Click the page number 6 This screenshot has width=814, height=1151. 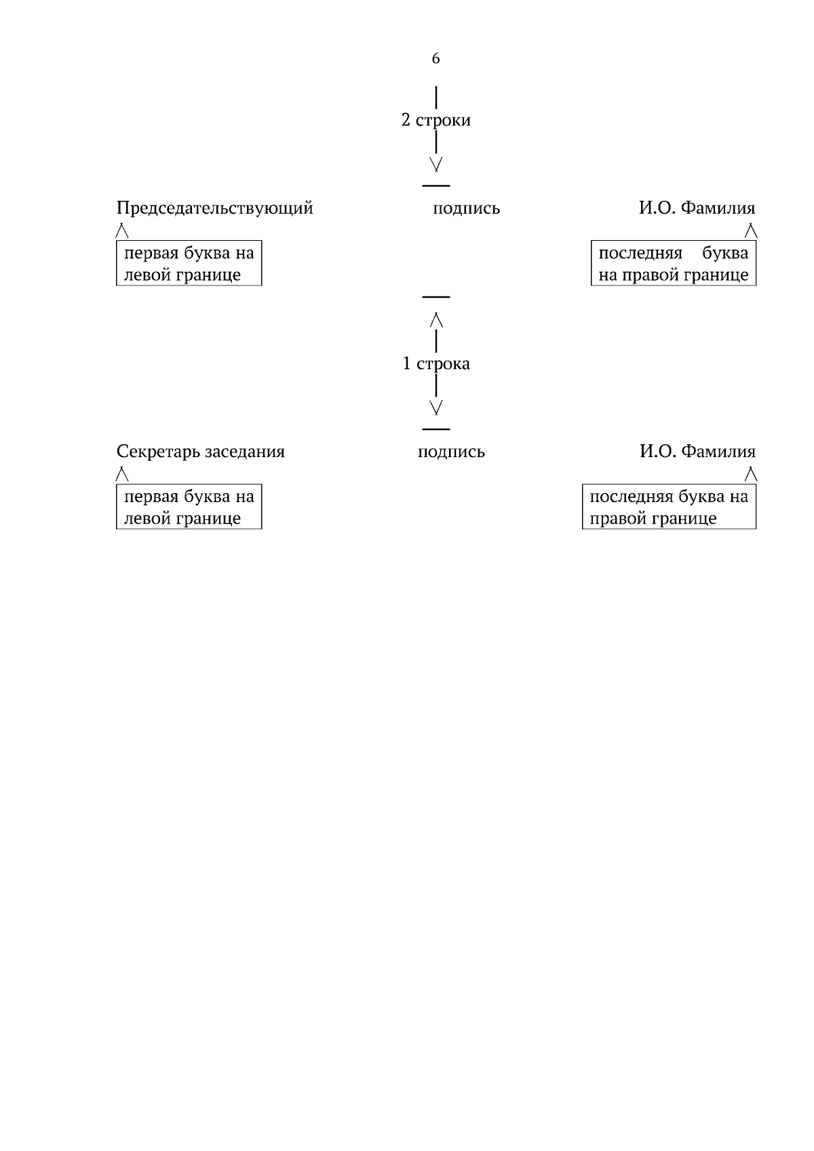435,58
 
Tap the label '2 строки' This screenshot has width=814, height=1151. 435,120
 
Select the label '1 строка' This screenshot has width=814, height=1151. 435,364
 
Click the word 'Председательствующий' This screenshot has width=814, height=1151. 215,209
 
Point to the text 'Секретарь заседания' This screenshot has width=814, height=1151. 200,452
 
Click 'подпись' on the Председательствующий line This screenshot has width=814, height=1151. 466,209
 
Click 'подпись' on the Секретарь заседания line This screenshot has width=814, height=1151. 451,452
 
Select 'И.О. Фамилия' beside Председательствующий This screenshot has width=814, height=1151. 697,208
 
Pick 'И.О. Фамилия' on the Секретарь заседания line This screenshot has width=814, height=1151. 698,452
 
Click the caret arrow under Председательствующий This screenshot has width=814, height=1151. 122,231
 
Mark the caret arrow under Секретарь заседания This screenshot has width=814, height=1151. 122,474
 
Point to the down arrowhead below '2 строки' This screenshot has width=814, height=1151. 435,164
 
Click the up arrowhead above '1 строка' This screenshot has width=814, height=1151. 436,319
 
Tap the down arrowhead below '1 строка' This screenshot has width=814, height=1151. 435,408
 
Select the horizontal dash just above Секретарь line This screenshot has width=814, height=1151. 435,429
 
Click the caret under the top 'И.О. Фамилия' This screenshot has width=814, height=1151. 751,231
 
